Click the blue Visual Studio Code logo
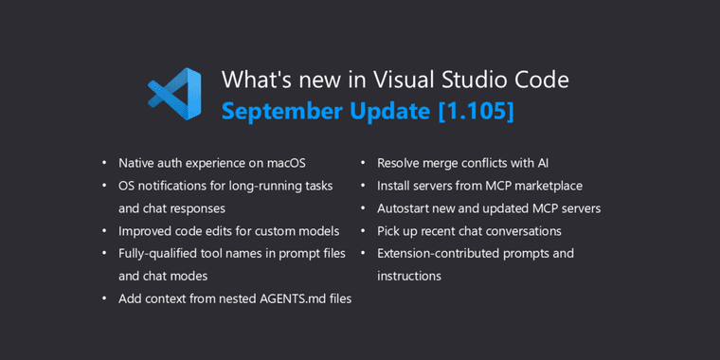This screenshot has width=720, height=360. click(x=175, y=94)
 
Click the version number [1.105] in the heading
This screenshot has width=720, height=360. click(x=476, y=111)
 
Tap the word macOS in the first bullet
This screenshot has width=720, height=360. click(x=285, y=163)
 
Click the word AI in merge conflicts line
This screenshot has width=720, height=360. click(x=542, y=163)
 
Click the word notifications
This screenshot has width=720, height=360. click(x=177, y=186)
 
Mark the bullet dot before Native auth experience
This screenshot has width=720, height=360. click(x=104, y=164)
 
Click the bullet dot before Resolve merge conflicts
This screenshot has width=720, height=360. click(x=363, y=164)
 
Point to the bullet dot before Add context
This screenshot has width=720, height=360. click(x=104, y=299)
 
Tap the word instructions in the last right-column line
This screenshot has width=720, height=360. click(x=409, y=276)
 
